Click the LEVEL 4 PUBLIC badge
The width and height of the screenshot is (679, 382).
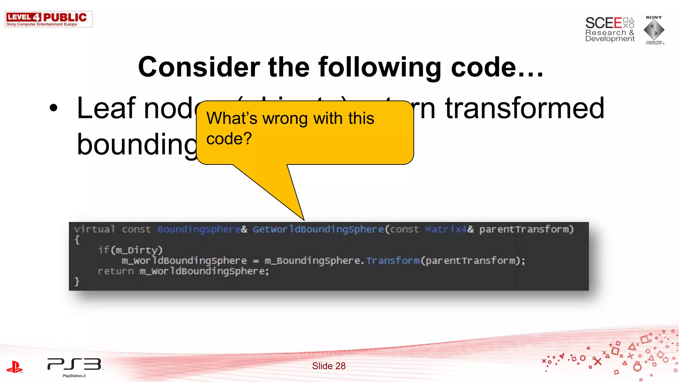pos(48,19)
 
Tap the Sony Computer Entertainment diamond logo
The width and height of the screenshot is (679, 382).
pos(654,30)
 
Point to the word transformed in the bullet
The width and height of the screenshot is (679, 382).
pos(525,108)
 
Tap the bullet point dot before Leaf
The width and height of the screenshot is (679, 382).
pos(53,108)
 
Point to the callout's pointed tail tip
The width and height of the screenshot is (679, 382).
pos(303,219)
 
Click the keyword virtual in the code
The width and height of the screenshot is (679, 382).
pos(94,229)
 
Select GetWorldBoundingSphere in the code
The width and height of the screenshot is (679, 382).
pos(318,229)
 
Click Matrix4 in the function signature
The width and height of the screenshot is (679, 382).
pos(446,229)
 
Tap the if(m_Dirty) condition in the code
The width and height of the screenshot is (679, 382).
pos(130,250)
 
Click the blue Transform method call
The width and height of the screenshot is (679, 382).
pos(393,261)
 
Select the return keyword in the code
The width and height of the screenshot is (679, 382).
pos(115,271)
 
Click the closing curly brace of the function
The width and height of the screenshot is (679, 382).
pos(77,282)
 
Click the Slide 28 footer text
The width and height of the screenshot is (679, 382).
pos(329,366)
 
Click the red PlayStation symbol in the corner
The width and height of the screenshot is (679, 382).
pos(15,367)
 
